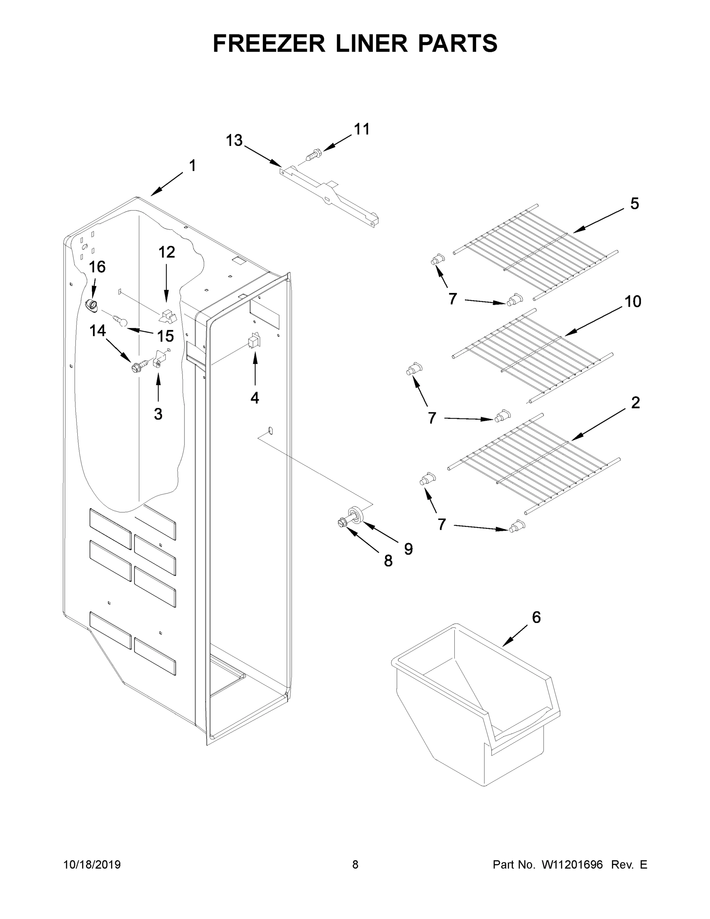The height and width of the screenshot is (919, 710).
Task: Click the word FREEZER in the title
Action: coord(269,43)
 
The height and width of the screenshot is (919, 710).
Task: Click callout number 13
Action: coord(234,140)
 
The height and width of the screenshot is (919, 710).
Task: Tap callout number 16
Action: coord(97,267)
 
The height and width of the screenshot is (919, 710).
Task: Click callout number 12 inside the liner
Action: coord(166,252)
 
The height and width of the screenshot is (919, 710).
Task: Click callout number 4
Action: coord(255,397)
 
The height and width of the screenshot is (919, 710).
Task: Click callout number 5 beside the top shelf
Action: coord(634,204)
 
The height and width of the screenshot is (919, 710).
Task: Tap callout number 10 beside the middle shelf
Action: coord(633,302)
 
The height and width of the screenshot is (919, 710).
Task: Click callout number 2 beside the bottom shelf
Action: coord(635,403)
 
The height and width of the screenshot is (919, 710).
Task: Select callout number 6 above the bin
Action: coord(536,617)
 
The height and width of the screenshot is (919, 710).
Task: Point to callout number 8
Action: coord(388,561)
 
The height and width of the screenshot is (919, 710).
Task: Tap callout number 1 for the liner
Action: coord(192,166)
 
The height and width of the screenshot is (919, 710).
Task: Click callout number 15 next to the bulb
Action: coord(165,336)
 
